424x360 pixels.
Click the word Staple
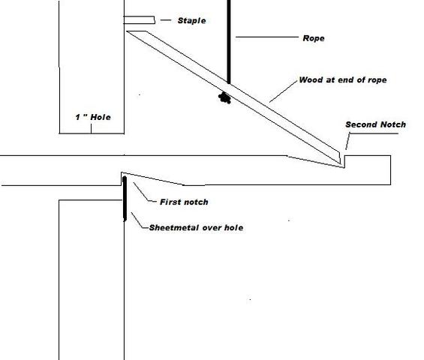tap(191, 20)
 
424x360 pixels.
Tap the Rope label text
tap(314, 38)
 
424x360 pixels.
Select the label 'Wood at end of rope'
tap(343, 80)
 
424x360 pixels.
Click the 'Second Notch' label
tap(376, 124)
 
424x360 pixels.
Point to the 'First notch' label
tap(184, 202)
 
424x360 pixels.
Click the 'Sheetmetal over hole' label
tap(196, 227)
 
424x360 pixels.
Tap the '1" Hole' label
tap(93, 117)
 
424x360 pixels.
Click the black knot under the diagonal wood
tap(224, 97)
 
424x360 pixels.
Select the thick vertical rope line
tap(229, 42)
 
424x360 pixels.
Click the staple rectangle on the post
tap(140, 20)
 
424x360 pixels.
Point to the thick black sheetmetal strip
tap(125, 199)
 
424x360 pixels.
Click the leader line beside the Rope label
tap(267, 37)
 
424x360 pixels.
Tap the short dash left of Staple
tap(166, 20)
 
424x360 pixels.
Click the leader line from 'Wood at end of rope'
tap(284, 91)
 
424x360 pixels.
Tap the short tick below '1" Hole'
tap(91, 128)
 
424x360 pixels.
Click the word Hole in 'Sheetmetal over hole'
tap(233, 227)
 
